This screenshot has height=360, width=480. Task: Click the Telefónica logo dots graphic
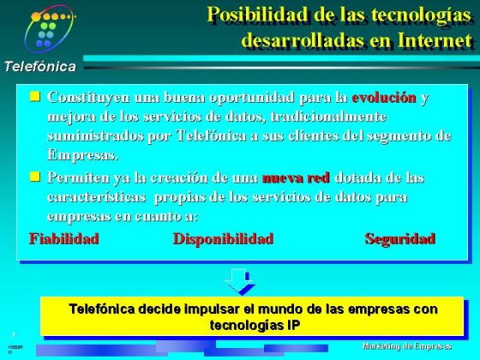coord(51,28)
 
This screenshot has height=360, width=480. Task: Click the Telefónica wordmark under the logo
coord(39,67)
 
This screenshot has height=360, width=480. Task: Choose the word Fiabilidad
coord(64,238)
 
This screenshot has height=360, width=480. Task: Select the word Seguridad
coord(399,238)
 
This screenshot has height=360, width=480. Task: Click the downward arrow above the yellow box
coord(238,280)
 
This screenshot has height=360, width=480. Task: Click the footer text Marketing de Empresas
coord(406,345)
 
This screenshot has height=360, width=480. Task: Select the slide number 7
coord(13,333)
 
